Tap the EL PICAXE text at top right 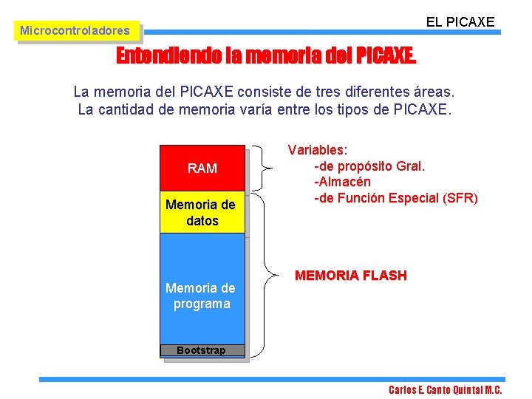click(460, 22)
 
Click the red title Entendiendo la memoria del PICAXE click(266, 57)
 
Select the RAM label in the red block click(202, 168)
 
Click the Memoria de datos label click(202, 213)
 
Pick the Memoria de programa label click(202, 296)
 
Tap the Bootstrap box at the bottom click(202, 350)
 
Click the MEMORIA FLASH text click(350, 276)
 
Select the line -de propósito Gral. click(369, 166)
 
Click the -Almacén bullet click(343, 182)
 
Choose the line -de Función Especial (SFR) click(396, 198)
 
